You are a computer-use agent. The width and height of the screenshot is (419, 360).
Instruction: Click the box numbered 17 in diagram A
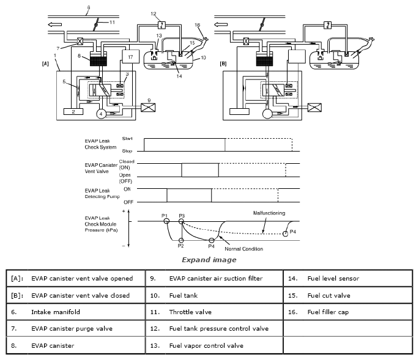pyautogui.click(x=130, y=56)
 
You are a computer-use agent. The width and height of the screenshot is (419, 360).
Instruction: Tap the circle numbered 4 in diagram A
pyautogui.click(x=101, y=114)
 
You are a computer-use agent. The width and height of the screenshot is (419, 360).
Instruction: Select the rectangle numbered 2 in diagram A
pyautogui.click(x=73, y=112)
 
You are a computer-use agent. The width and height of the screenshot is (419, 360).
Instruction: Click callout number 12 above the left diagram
pyautogui.click(x=154, y=14)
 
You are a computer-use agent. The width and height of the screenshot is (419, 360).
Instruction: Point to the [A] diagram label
pyautogui.click(x=45, y=64)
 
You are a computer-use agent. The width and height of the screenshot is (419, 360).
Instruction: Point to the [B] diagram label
pyautogui.click(x=223, y=64)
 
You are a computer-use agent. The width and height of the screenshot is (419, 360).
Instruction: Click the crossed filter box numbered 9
pyautogui.click(x=148, y=108)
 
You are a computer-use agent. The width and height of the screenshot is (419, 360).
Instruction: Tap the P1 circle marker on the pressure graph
pyautogui.click(x=166, y=221)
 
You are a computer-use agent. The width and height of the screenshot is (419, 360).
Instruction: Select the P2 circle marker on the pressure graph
pyautogui.click(x=181, y=240)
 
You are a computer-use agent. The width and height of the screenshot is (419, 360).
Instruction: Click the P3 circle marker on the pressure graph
pyautogui.click(x=181, y=221)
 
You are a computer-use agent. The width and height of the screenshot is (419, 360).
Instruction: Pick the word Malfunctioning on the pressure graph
pyautogui.click(x=269, y=213)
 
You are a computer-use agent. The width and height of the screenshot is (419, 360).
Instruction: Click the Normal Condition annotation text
pyautogui.click(x=243, y=249)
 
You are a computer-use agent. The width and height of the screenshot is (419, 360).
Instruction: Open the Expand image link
pyautogui.click(x=209, y=260)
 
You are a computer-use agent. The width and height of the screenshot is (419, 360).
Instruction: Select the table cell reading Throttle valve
pyautogui.click(x=214, y=312)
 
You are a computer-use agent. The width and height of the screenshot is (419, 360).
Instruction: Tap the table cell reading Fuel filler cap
pyautogui.click(x=348, y=312)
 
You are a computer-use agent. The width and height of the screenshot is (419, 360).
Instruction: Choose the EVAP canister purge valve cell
pyautogui.click(x=76, y=328)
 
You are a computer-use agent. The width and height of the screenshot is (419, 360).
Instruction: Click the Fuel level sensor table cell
pyautogui.click(x=348, y=278)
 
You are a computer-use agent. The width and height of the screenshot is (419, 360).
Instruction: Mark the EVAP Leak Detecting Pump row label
pyautogui.click(x=102, y=193)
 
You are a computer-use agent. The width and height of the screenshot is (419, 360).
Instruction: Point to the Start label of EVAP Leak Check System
pyautogui.click(x=127, y=139)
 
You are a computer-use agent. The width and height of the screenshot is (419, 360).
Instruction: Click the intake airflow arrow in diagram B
pyautogui.click(x=221, y=24)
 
